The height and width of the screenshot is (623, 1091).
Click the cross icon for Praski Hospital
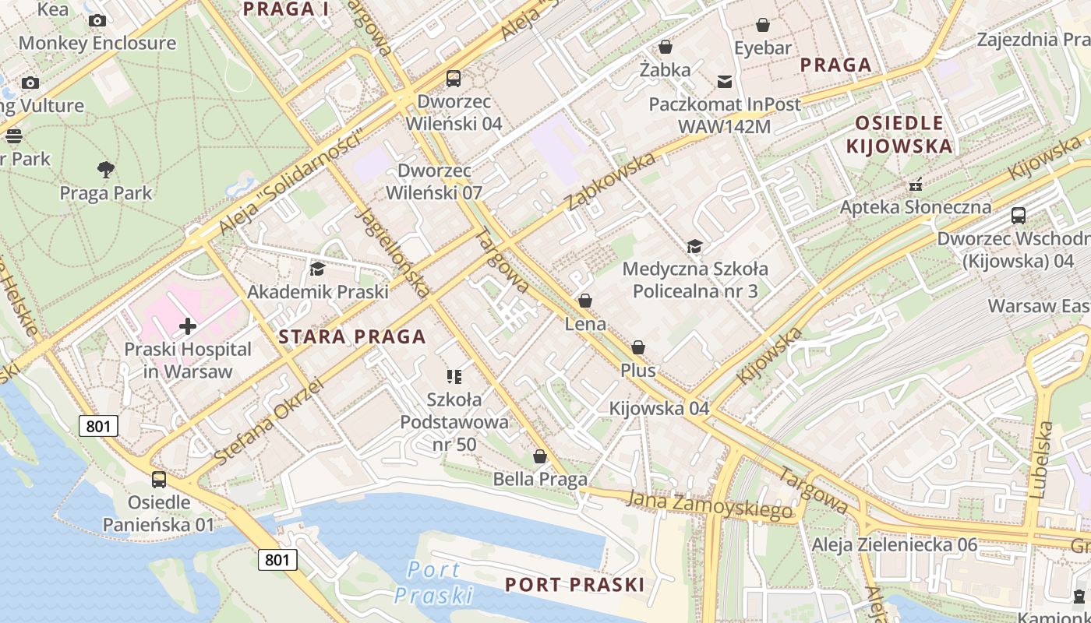click(188, 326)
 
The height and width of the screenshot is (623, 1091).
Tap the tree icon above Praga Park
click(106, 169)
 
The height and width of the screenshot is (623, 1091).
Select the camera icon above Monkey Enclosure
click(97, 20)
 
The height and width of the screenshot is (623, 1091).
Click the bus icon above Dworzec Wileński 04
click(454, 78)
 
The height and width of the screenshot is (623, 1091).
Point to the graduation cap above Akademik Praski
click(317, 269)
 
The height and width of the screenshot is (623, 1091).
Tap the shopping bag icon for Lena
click(585, 301)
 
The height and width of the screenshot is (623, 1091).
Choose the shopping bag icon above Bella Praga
click(539, 456)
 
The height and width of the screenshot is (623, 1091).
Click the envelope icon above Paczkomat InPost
click(725, 81)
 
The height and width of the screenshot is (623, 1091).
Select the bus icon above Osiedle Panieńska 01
click(159, 479)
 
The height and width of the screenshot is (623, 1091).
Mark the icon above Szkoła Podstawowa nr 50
click(454, 377)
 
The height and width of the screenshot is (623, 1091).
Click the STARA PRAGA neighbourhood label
click(352, 336)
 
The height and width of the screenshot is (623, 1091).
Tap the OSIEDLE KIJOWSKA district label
click(899, 134)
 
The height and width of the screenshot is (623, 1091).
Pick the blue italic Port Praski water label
click(433, 582)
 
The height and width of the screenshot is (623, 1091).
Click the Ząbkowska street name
click(611, 181)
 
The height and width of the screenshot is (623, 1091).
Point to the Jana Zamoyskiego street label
click(710, 504)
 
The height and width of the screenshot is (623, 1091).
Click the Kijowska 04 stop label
click(659, 408)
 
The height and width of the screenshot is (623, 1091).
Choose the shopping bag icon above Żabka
click(665, 47)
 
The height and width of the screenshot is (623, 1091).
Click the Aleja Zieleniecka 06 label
click(894, 544)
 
